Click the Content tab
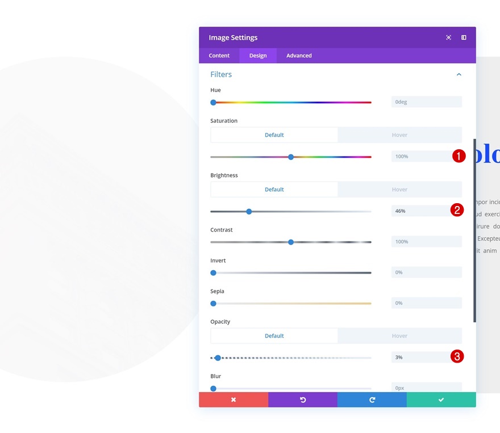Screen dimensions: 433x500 (219, 56)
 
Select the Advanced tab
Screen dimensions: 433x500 (299, 56)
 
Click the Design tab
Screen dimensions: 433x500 (258, 56)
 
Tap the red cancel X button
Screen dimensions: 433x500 (234, 400)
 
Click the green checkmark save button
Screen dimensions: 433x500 (441, 400)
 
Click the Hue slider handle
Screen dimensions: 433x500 (214, 103)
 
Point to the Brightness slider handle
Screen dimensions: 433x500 (249, 212)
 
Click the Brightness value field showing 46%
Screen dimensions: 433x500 (420, 211)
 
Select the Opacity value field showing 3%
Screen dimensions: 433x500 (420, 358)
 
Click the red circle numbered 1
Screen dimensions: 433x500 (459, 156)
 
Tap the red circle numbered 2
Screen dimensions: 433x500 (457, 211)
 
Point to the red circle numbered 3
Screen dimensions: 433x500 (457, 357)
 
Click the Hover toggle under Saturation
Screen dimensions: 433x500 (399, 135)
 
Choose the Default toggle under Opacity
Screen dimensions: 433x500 (274, 336)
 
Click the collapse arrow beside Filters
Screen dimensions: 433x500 (459, 74)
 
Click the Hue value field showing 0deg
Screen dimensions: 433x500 (426, 102)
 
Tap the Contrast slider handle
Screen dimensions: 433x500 (291, 242)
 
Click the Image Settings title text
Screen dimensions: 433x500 (233, 37)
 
